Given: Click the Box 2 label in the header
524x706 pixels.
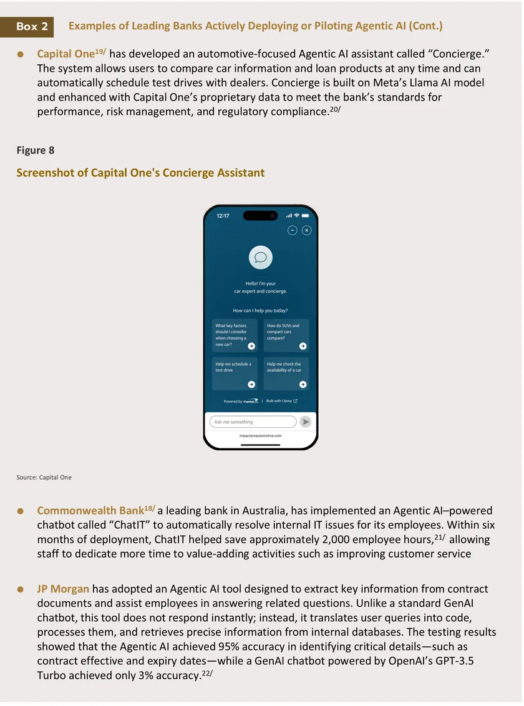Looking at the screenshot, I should point(32,27).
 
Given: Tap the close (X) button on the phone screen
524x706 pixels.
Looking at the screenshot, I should point(306,230).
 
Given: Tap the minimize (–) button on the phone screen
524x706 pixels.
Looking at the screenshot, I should point(293,230).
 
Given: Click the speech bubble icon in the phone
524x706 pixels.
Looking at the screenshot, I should point(261,257).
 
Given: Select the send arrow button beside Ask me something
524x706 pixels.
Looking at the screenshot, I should point(305,422).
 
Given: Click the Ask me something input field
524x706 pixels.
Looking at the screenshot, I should point(253,422).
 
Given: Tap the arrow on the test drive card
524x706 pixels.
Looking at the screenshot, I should point(251,384).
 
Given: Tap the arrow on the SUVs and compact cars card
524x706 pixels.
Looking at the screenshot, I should point(303,346).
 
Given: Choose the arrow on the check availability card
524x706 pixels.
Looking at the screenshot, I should point(303,384).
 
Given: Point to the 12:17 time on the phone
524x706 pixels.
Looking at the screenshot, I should point(223,216).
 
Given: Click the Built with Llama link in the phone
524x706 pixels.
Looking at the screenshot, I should point(282,401).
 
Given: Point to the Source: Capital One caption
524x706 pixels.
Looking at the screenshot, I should point(44,477).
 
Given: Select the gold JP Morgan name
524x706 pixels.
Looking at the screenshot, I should point(63,589).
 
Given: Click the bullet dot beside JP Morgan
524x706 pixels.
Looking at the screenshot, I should point(21,589).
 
